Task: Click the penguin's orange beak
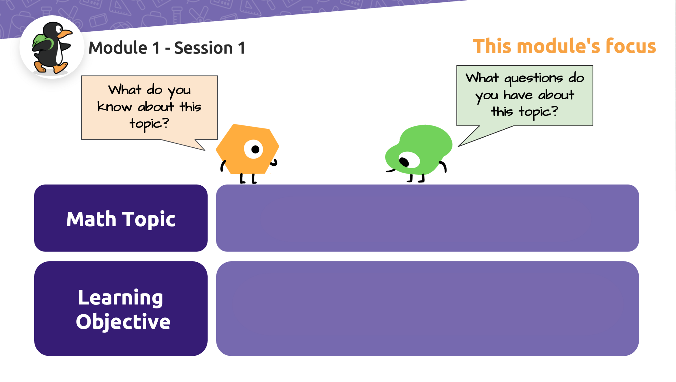click(66, 34)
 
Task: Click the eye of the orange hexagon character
click(254, 149)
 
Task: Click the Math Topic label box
click(121, 218)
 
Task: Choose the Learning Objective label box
click(121, 308)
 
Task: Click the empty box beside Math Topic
click(427, 218)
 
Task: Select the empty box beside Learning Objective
click(427, 308)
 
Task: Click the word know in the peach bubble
click(115, 107)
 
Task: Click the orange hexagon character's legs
click(248, 179)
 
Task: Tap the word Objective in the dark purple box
click(123, 322)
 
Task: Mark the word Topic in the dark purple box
click(149, 219)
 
